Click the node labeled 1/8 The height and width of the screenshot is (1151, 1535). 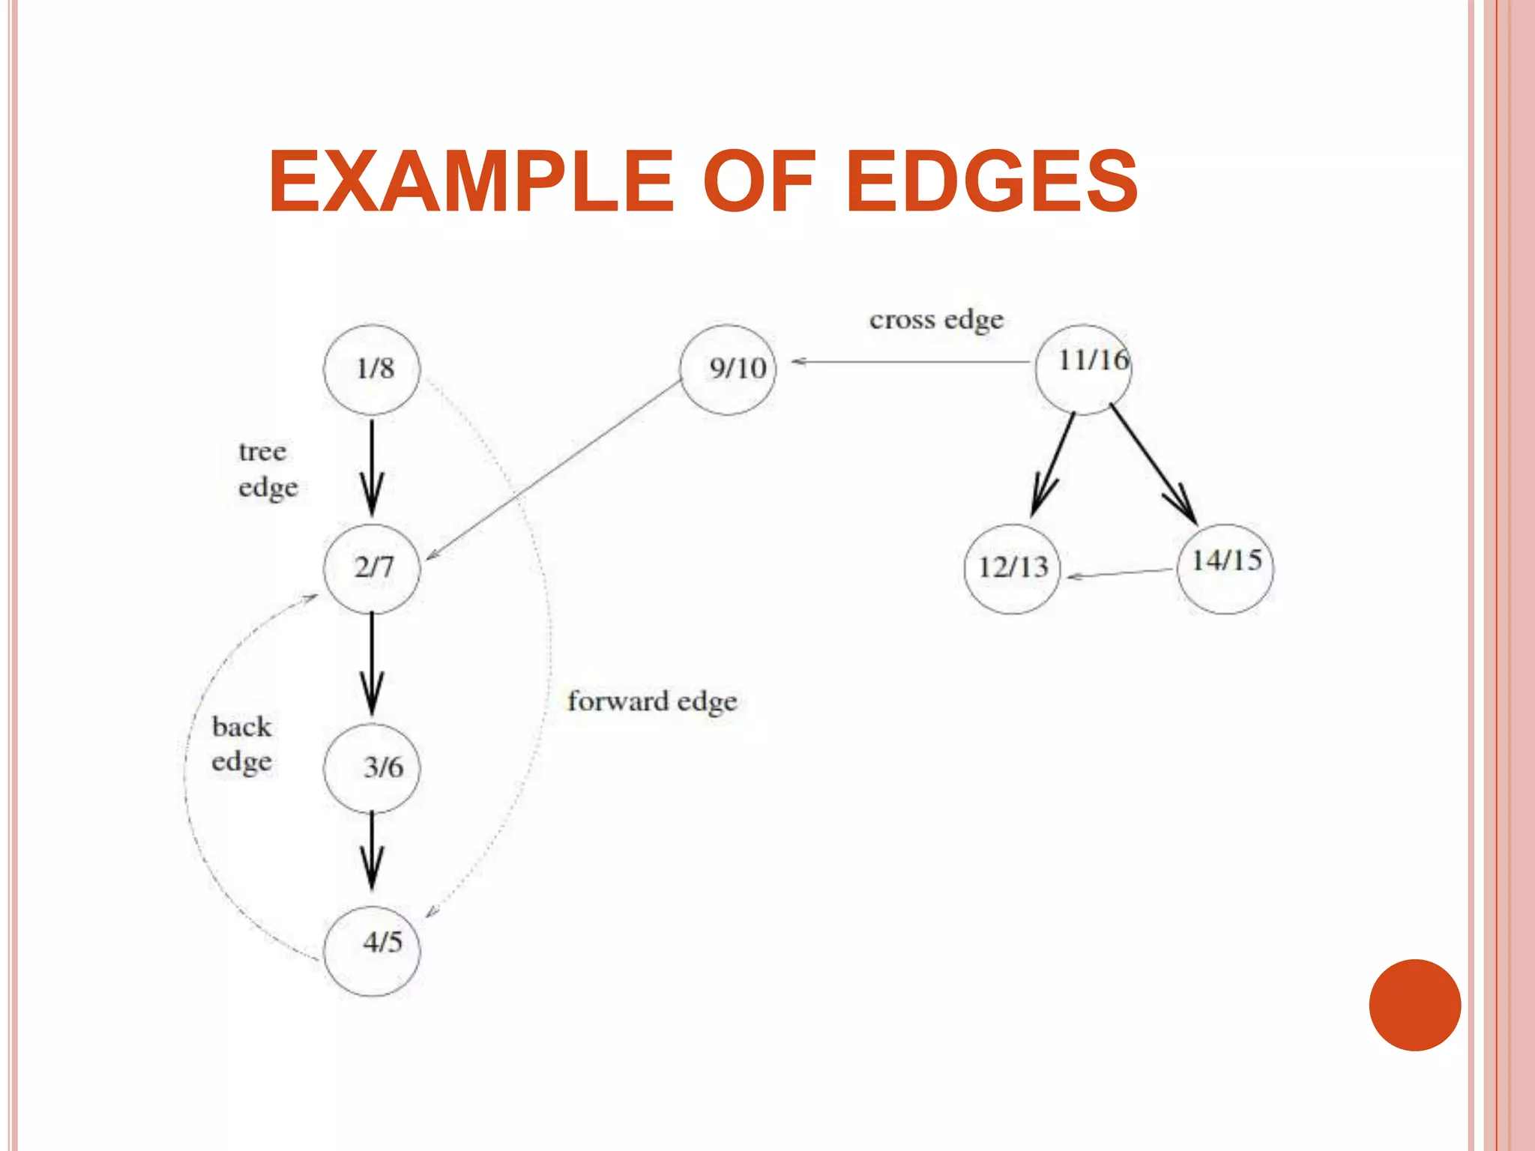coord(372,369)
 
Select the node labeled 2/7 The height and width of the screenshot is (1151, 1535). coord(372,568)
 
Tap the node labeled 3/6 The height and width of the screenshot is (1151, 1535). coord(372,767)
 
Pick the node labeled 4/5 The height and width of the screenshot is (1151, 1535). coord(372,950)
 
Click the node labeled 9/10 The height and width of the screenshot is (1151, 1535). coord(728,369)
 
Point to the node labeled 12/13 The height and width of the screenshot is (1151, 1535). coord(1012,568)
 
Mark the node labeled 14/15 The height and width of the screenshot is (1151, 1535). coord(1225,568)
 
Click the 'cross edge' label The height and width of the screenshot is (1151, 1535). coord(936,320)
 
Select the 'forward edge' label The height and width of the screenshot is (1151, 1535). coord(652,702)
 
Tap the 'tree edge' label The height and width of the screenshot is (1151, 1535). coord(268,469)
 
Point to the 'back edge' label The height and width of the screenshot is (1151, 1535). coord(241,744)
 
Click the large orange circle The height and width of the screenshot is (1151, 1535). coord(1414,1005)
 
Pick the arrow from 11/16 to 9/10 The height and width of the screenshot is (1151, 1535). coord(911,362)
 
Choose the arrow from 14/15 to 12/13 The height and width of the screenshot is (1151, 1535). coord(1121,573)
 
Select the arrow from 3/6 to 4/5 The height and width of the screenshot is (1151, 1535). coord(372,851)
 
